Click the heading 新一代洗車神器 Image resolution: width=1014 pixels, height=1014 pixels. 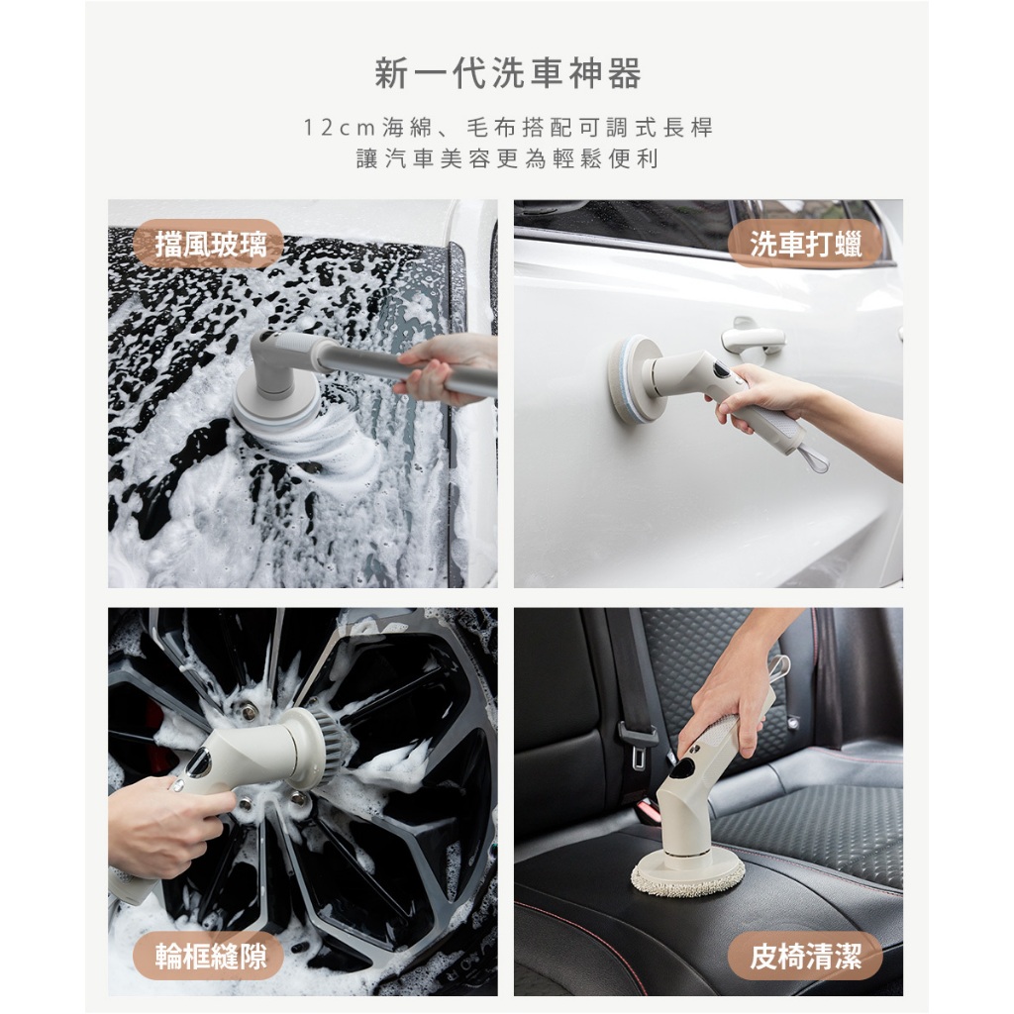[x=508, y=73]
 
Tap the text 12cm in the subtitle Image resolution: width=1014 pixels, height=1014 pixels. [x=339, y=128]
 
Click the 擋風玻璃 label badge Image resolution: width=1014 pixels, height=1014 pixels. [x=208, y=244]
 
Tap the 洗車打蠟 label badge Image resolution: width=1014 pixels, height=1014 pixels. [x=805, y=244]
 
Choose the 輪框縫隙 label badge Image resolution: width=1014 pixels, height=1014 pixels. [x=208, y=956]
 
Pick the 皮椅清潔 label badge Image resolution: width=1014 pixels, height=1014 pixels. [x=805, y=956]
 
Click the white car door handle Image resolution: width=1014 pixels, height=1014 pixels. [x=754, y=337]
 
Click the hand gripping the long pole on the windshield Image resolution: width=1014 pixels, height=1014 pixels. [x=440, y=368]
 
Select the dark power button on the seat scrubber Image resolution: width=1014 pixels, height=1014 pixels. [x=682, y=768]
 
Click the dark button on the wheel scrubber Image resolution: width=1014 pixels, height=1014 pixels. [x=198, y=763]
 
